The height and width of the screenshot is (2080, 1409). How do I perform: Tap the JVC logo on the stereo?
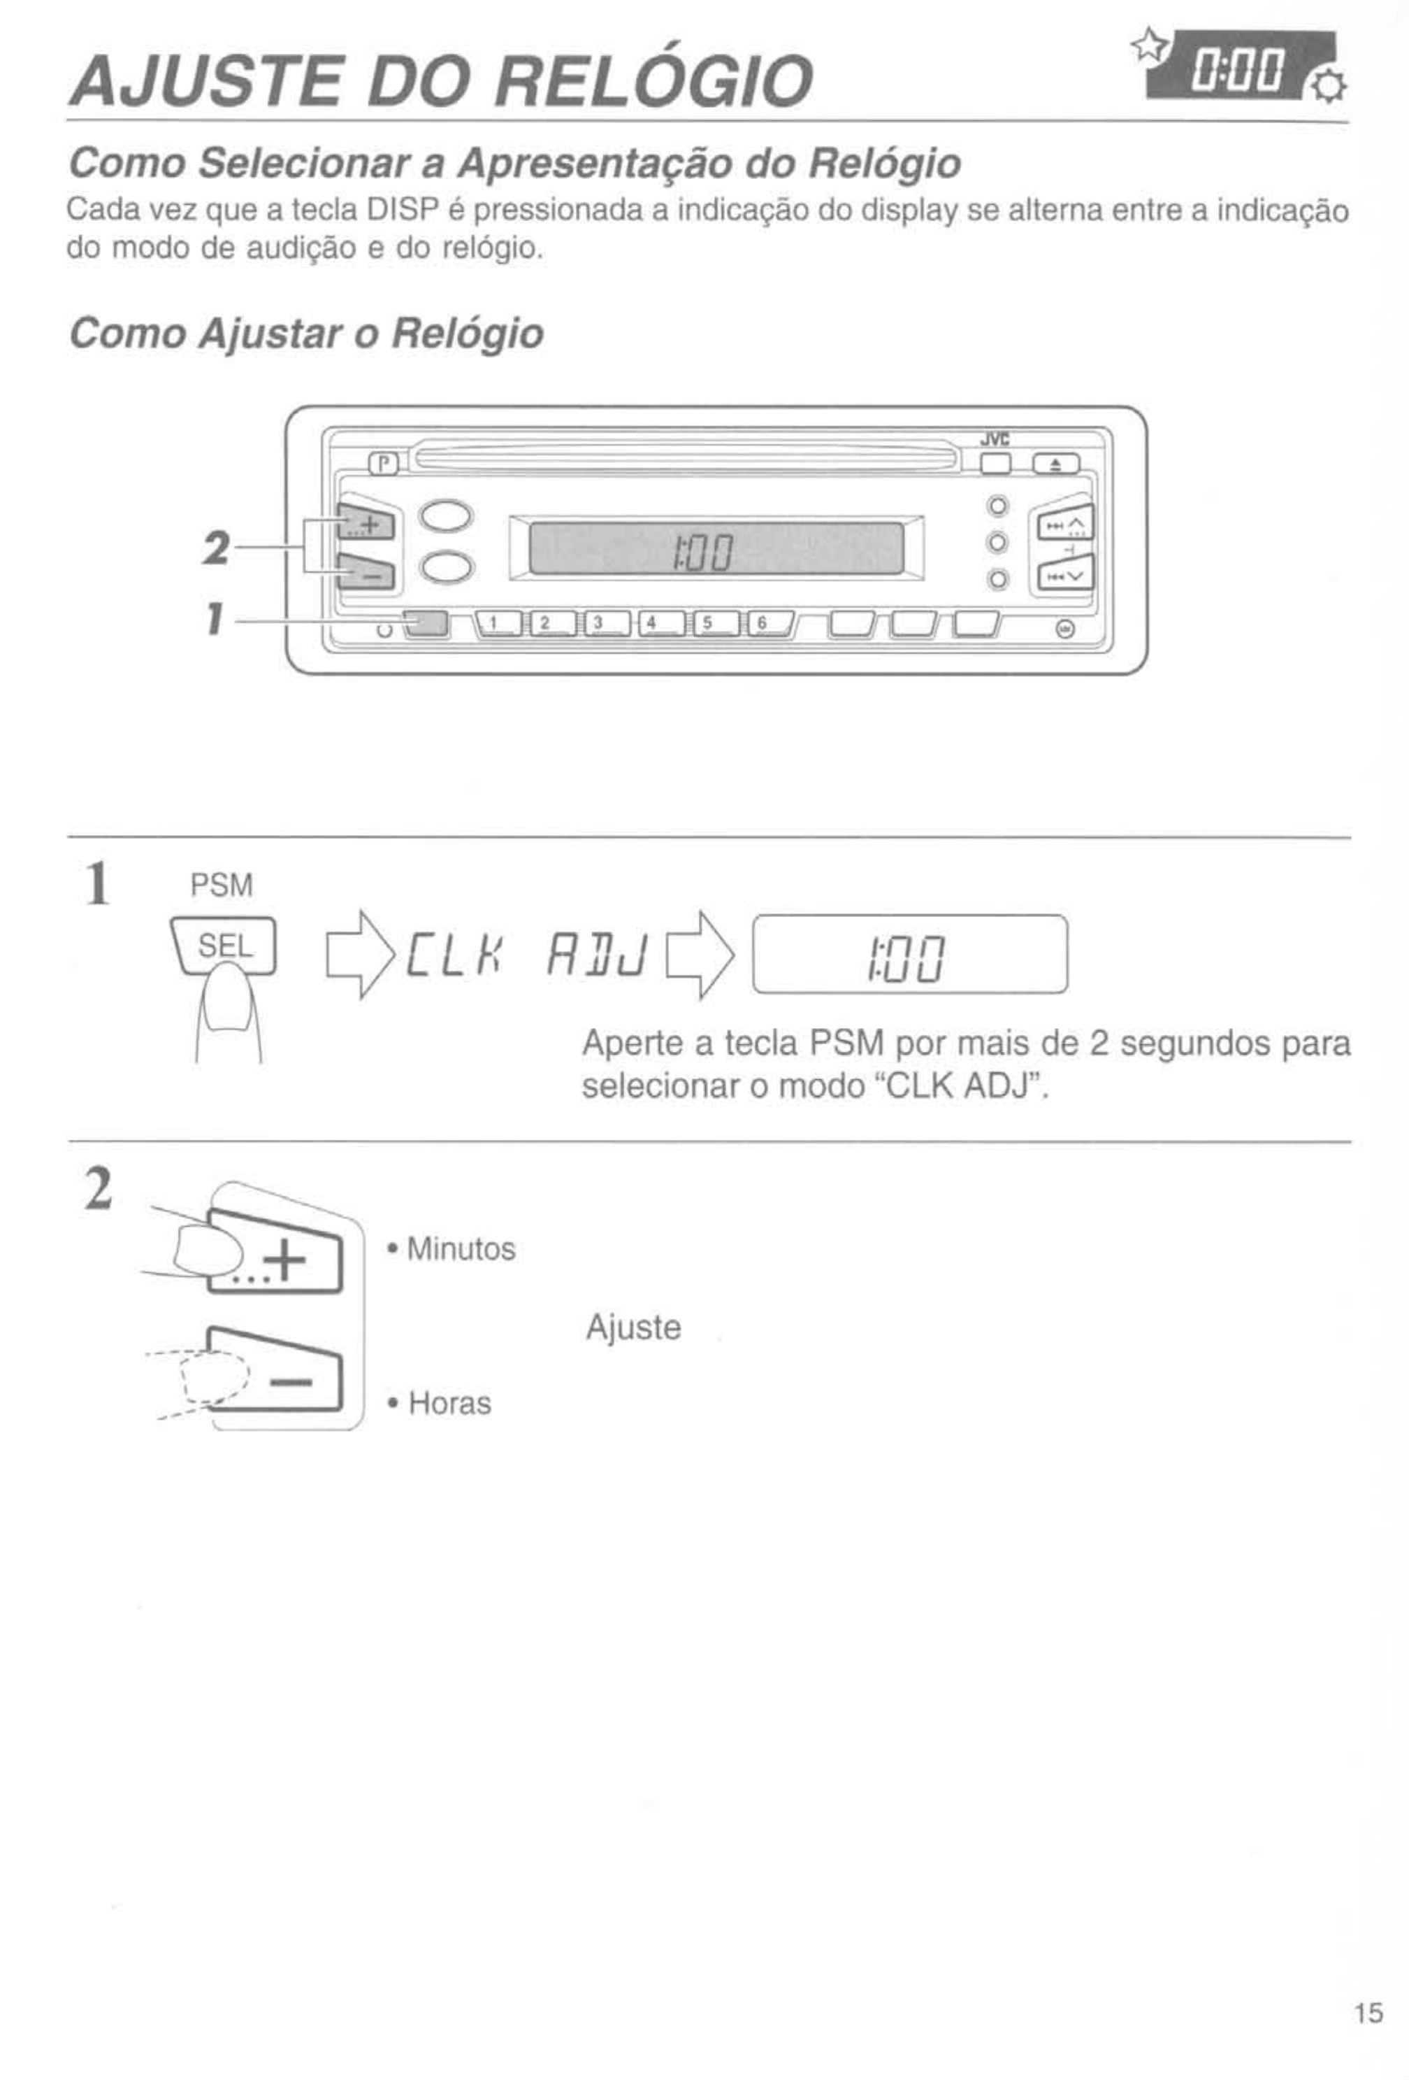tap(994, 439)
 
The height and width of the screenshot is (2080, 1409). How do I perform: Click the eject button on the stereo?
tap(1055, 464)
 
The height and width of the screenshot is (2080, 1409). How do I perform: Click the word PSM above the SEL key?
tap(222, 885)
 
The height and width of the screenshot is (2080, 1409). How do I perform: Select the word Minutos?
tap(461, 1248)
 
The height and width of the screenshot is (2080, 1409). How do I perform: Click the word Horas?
tap(449, 1402)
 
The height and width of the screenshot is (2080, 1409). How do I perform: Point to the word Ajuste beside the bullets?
tap(633, 1327)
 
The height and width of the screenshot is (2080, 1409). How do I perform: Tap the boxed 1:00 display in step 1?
tap(910, 955)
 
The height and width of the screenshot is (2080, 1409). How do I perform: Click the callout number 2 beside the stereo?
tap(215, 548)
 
